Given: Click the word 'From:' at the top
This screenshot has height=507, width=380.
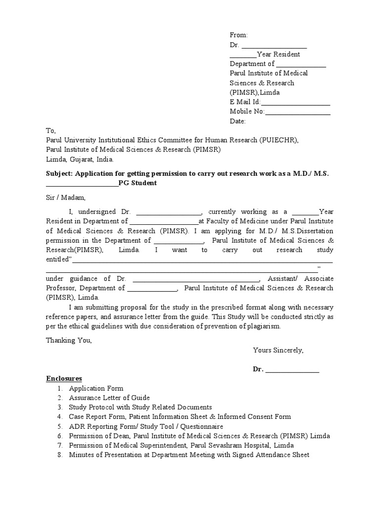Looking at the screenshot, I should point(238,35).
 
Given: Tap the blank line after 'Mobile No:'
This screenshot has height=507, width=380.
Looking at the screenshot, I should point(298,112).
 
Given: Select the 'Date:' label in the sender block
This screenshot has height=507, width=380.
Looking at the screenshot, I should point(237,121).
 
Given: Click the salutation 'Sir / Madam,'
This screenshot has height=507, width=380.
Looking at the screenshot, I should point(66,198).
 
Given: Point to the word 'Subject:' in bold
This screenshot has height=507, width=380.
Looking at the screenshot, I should point(59,174).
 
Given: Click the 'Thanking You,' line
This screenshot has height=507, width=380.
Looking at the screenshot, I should point(69,340).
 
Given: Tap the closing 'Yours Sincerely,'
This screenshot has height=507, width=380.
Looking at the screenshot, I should point(278,350).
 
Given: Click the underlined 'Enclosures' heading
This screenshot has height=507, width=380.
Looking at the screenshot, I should point(64,379).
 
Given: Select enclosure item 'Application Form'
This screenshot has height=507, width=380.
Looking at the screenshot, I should point(96,388).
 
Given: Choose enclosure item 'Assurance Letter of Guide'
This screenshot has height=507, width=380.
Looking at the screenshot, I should point(109,398).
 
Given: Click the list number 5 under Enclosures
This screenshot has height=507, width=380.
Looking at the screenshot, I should point(59,426).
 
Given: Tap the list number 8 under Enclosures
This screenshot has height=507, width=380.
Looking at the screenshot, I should point(59,455).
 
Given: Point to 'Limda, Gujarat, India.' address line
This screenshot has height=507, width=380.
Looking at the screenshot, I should point(80,159).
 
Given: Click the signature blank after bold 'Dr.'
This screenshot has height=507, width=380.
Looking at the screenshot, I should point(292,369).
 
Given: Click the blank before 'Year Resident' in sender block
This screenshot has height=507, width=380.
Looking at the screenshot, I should point(243,54).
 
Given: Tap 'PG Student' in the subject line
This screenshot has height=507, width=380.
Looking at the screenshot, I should point(138,183).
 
